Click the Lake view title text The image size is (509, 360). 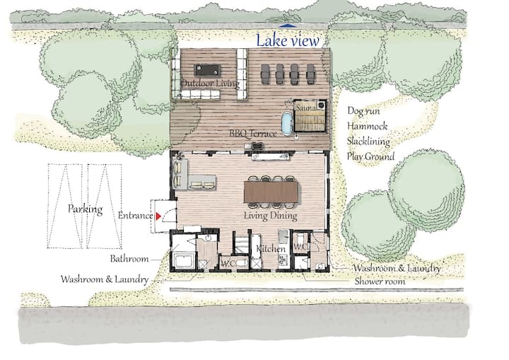coord(288,40)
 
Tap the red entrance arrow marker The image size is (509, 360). coord(158,216)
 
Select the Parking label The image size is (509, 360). coord(85,209)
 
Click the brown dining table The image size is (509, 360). coord(271,192)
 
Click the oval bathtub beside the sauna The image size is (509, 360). coord(287,124)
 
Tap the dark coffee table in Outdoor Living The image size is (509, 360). coord(207,70)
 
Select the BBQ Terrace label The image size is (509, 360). coord(253,133)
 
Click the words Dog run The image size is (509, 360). coord(363,111)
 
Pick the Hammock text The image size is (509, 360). coord(367,126)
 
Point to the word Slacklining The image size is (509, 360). coord(368,141)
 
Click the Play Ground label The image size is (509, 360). coord(370,156)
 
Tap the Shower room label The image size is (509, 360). coord(380,281)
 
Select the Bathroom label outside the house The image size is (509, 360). coord(129,259)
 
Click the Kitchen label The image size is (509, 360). coord(271,249)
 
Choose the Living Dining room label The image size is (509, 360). coord(270,216)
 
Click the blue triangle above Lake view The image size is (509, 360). coord(286,25)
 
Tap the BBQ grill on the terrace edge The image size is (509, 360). coord(257,146)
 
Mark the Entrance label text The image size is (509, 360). coord(135,216)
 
